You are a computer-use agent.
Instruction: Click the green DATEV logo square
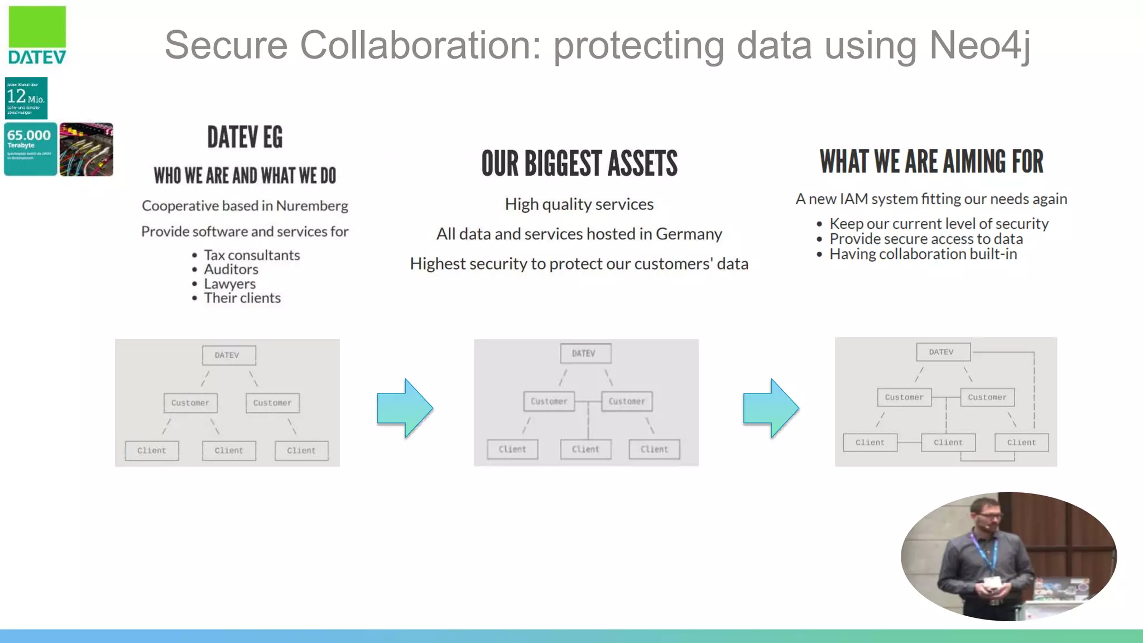pyautogui.click(x=37, y=27)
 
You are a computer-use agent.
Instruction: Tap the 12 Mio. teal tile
pyautogui.click(x=26, y=98)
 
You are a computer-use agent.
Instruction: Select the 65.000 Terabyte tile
pyautogui.click(x=30, y=149)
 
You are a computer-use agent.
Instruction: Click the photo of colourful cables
pyautogui.click(x=87, y=150)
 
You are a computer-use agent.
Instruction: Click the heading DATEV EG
pyautogui.click(x=244, y=137)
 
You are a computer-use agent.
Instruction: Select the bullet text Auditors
pyautogui.click(x=231, y=270)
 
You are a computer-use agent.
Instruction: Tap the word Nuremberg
pyautogui.click(x=312, y=206)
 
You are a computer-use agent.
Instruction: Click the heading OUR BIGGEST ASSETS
pyautogui.click(x=579, y=164)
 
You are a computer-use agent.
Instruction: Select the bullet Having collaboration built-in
pyautogui.click(x=923, y=255)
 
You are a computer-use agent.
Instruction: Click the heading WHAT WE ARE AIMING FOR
pyautogui.click(x=931, y=162)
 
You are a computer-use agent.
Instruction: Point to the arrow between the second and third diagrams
pyautogui.click(x=771, y=408)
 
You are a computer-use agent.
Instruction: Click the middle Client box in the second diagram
pyautogui.click(x=585, y=449)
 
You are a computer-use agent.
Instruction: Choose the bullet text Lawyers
pyautogui.click(x=229, y=284)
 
